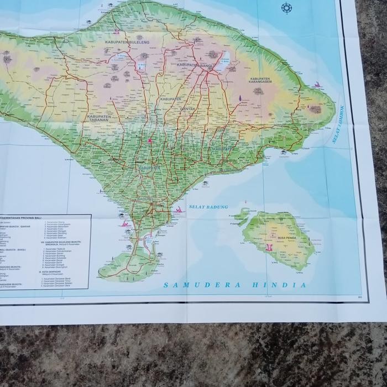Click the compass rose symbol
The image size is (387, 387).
(286, 8)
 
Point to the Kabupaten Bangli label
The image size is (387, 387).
(196, 65)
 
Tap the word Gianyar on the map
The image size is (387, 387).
(187, 109)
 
